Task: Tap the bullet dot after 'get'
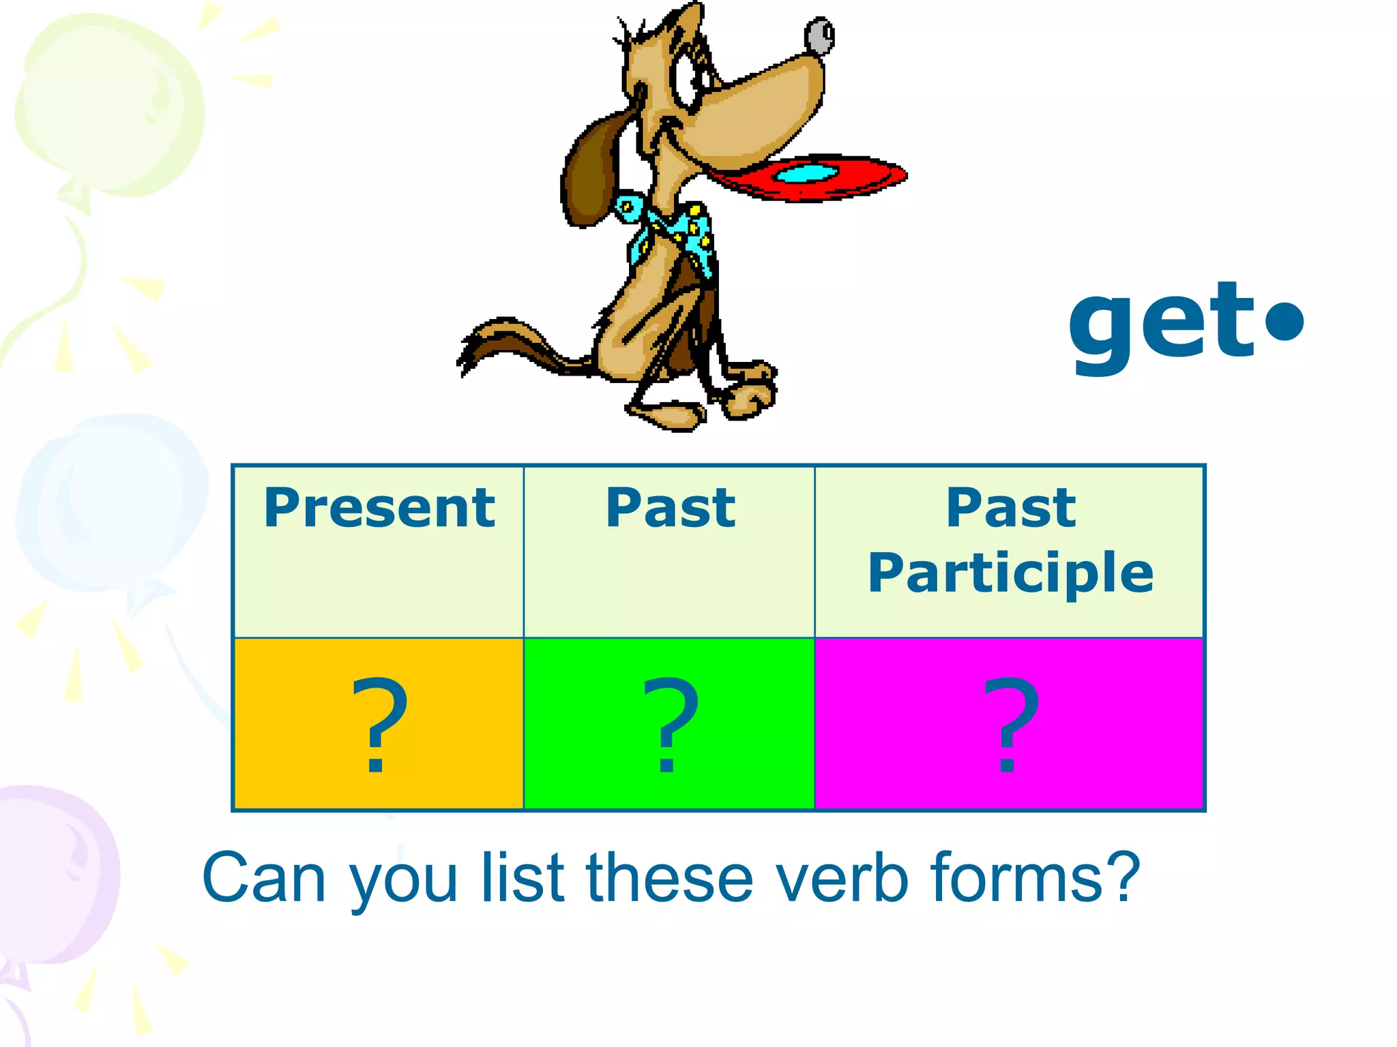pyautogui.click(x=1284, y=321)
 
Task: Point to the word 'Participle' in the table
pyautogui.click(x=1010, y=574)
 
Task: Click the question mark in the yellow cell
pyautogui.click(x=379, y=724)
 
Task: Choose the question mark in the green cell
pyautogui.click(x=670, y=724)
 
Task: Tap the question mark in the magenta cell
pyautogui.click(x=1010, y=724)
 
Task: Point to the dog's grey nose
pyautogui.click(x=819, y=35)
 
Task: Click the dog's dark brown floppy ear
pyautogui.click(x=590, y=174)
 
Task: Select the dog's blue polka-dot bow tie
pyautogui.click(x=672, y=228)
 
